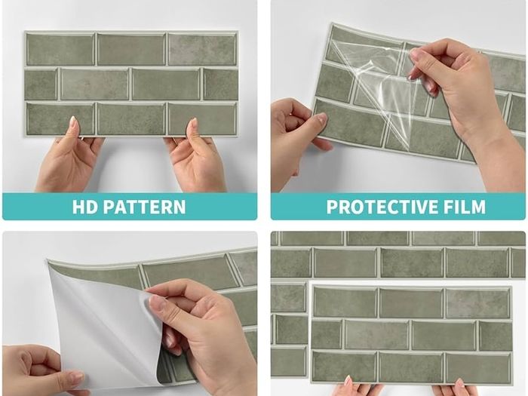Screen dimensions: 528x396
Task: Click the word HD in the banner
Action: point(85,207)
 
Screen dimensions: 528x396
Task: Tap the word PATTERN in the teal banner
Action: point(144,207)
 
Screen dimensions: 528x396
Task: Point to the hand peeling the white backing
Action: point(198,333)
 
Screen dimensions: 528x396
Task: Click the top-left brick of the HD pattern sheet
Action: point(60,50)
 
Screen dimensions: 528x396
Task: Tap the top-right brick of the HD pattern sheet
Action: point(202,50)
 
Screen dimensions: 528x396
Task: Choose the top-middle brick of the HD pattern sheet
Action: point(131,50)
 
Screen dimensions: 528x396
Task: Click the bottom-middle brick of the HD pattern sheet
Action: point(131,119)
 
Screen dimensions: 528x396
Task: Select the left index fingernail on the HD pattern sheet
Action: point(74,123)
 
